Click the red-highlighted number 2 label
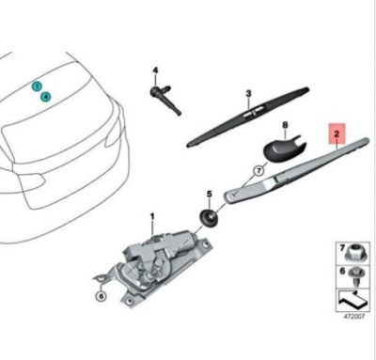pos(336,135)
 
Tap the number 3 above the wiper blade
pos(248,93)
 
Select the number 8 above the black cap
pos(285,125)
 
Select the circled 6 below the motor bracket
pos(101,296)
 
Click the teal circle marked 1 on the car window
pos(36,86)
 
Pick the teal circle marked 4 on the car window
pos(44,96)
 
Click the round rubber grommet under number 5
pos(208,216)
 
